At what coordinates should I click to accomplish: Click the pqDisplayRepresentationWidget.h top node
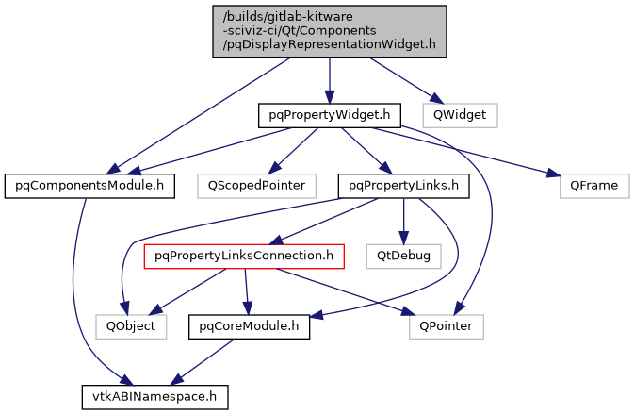[x=329, y=30]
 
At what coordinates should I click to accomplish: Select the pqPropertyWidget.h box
[x=330, y=115]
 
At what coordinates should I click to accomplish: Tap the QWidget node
[x=459, y=115]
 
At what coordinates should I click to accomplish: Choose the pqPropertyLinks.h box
[x=403, y=185]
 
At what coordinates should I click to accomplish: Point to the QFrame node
[x=593, y=185]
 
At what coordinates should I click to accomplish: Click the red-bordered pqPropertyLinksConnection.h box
[x=244, y=256]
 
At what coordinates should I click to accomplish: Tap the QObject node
[x=131, y=326]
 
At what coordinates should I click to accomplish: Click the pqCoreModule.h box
[x=250, y=326]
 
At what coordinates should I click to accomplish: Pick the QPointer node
[x=447, y=326]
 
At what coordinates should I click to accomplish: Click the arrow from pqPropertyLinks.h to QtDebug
[x=404, y=220]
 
